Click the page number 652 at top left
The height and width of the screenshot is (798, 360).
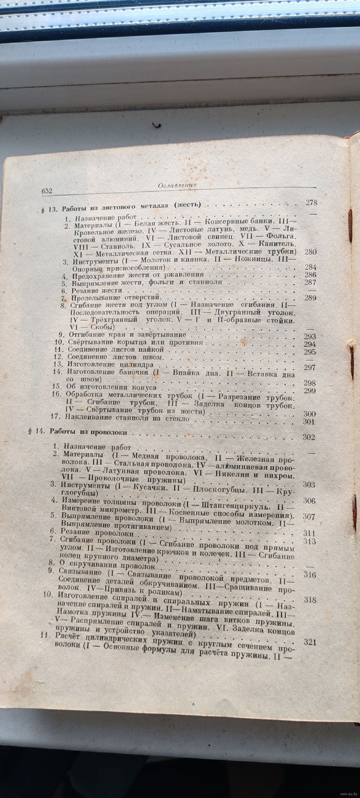click(46, 192)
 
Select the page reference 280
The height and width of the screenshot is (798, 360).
click(310, 252)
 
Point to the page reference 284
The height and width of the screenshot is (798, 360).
click(310, 267)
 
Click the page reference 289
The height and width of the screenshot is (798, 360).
click(310, 298)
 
